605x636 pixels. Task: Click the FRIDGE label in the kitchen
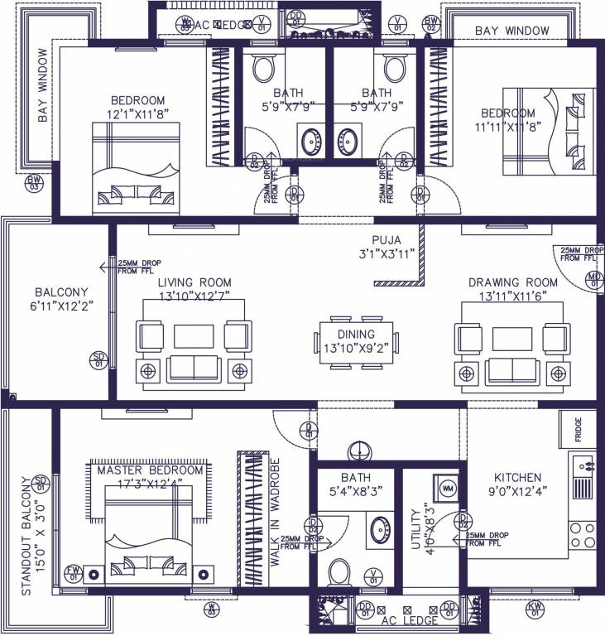pos(579,430)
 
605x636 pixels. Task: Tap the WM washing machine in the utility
pos(448,489)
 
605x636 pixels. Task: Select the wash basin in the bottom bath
pos(382,527)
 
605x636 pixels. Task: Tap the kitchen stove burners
pos(582,533)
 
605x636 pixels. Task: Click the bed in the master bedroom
pos(143,537)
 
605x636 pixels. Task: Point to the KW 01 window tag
pos(535,610)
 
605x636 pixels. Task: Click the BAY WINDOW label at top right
pos(511,31)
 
